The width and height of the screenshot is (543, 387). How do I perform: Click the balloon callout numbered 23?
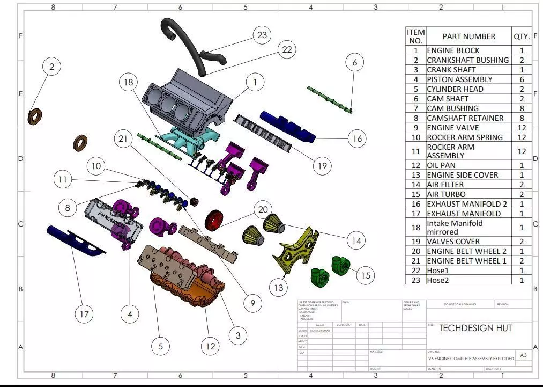pyautogui.click(x=262, y=35)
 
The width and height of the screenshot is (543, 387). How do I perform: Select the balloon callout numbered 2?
pyautogui.click(x=51, y=67)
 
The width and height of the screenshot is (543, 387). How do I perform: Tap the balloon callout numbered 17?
pyautogui.click(x=84, y=314)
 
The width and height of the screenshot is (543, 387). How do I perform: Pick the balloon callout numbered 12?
pyautogui.click(x=211, y=346)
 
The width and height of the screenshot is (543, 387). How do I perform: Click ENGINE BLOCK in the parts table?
pyautogui.click(x=453, y=50)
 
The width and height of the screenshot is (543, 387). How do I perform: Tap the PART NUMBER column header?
pyautogui.click(x=468, y=36)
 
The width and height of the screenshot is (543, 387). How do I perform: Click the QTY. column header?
pyautogui.click(x=522, y=36)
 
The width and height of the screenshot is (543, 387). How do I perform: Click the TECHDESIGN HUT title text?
pyautogui.click(x=475, y=328)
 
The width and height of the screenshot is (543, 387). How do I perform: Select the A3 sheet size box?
pyautogui.click(x=523, y=355)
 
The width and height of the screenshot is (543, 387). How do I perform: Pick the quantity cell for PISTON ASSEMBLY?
pyautogui.click(x=522, y=79)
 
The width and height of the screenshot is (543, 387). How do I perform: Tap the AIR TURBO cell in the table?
pyautogui.click(x=446, y=194)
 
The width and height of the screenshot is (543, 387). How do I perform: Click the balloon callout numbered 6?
pyautogui.click(x=354, y=63)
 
